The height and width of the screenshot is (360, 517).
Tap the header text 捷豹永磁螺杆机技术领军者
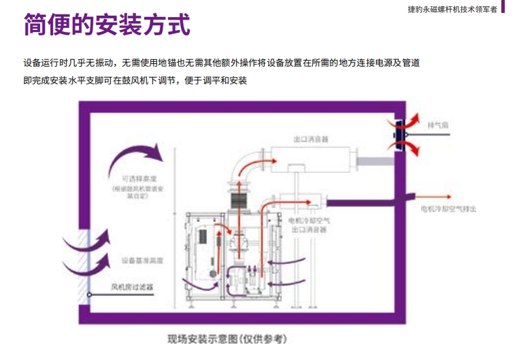pos(451,9)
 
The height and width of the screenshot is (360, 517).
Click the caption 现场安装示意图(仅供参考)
pos(227,339)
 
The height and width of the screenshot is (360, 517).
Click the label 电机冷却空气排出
pos(448,209)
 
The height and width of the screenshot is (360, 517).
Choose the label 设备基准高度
pos(142,260)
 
